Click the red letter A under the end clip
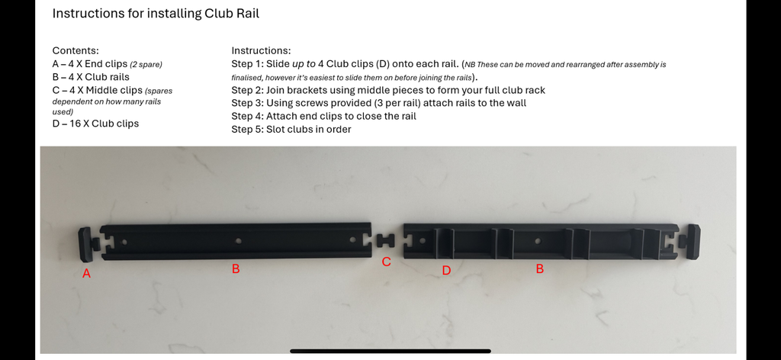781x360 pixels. click(x=87, y=273)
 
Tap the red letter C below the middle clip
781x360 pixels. click(x=386, y=262)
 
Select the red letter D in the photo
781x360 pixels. click(x=446, y=270)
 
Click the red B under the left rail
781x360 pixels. click(x=236, y=269)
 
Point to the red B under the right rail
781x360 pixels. click(x=539, y=269)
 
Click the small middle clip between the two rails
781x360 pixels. click(x=385, y=240)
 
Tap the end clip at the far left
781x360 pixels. click(x=88, y=243)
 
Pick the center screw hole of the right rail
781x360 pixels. click(x=537, y=241)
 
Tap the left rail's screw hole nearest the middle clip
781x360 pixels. click(x=352, y=240)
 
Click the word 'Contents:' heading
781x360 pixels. click(x=76, y=51)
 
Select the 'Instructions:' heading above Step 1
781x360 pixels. click(x=261, y=51)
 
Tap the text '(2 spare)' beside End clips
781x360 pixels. click(x=146, y=64)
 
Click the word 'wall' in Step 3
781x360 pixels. click(x=516, y=103)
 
